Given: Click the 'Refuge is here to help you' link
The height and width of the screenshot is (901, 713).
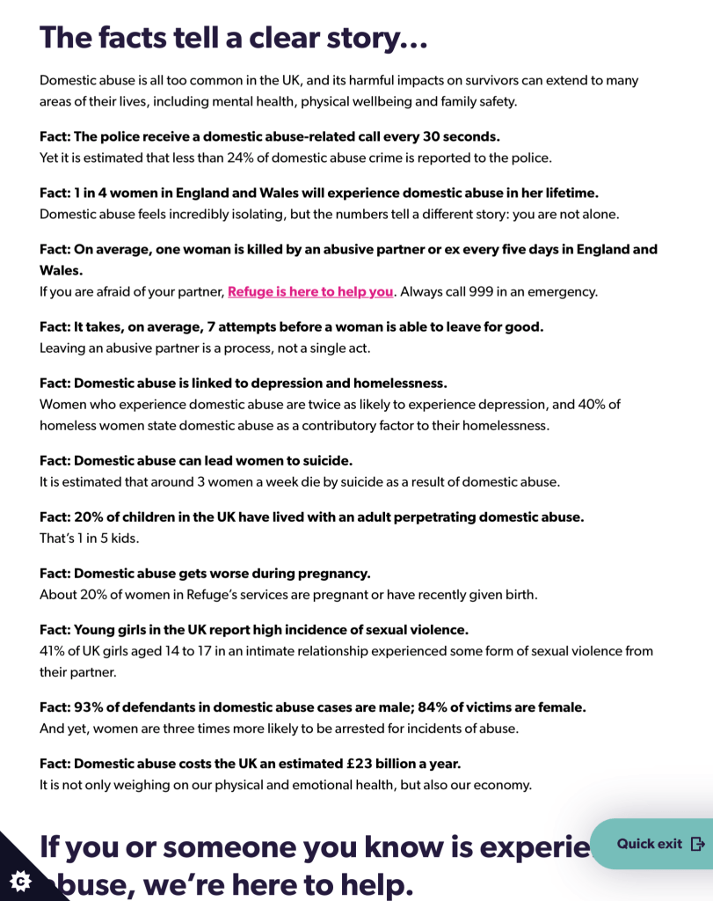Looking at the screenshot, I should [310, 291].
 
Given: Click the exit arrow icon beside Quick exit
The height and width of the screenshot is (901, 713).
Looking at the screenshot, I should [698, 844].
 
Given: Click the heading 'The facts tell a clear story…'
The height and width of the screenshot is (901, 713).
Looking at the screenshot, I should [234, 38].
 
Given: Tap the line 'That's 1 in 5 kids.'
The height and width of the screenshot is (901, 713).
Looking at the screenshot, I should [90, 538].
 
